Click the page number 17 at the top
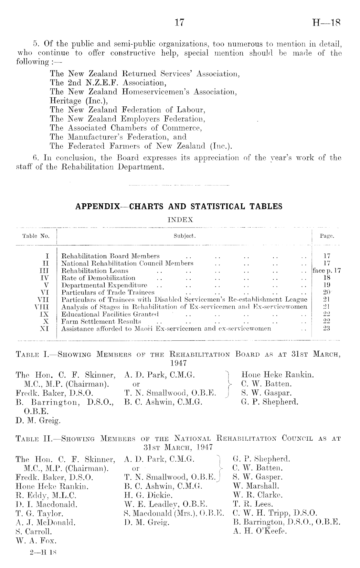[179, 23]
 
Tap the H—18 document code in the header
[326, 23]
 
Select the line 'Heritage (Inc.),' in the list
[79, 101]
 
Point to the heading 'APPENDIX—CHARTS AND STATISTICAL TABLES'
[179, 206]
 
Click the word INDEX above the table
[180, 220]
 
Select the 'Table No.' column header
[36, 236]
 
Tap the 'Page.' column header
[327, 236]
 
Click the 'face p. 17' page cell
[326, 271]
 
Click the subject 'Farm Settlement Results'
[101, 321]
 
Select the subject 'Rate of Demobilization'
[98, 278]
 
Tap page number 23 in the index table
[327, 328]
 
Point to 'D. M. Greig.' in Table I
[38, 421]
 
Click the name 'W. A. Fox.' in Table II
[36, 540]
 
